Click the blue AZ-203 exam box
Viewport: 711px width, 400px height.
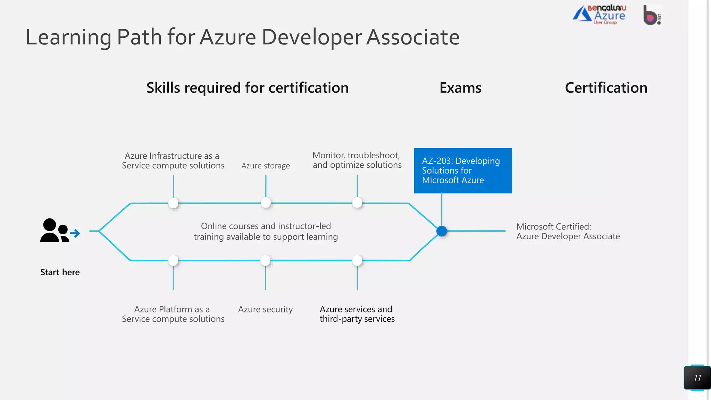[463, 170]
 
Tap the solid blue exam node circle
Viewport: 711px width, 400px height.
[442, 231]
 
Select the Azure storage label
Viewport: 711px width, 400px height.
[266, 166]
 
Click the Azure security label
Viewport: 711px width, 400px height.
[266, 309]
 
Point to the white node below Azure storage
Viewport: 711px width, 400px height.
[266, 203]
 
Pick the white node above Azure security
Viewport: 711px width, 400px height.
[266, 260]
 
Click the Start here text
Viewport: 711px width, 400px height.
[60, 272]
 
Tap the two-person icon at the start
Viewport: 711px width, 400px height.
[54, 231]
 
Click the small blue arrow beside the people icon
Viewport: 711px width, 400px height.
[75, 233]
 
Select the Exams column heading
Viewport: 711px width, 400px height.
[460, 88]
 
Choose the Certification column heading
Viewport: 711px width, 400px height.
[606, 88]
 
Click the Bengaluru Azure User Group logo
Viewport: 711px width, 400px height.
[600, 15]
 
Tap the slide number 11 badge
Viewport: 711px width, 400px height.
[697, 378]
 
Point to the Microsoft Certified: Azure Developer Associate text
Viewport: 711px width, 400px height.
[568, 232]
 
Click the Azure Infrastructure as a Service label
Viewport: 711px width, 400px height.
[173, 161]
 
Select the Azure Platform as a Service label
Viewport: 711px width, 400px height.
[173, 314]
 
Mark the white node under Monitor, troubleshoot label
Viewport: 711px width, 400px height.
[357, 203]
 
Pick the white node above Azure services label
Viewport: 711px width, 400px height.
[357, 260]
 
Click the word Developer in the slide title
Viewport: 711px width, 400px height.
[312, 37]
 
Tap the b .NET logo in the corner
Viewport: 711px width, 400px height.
[652, 15]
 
